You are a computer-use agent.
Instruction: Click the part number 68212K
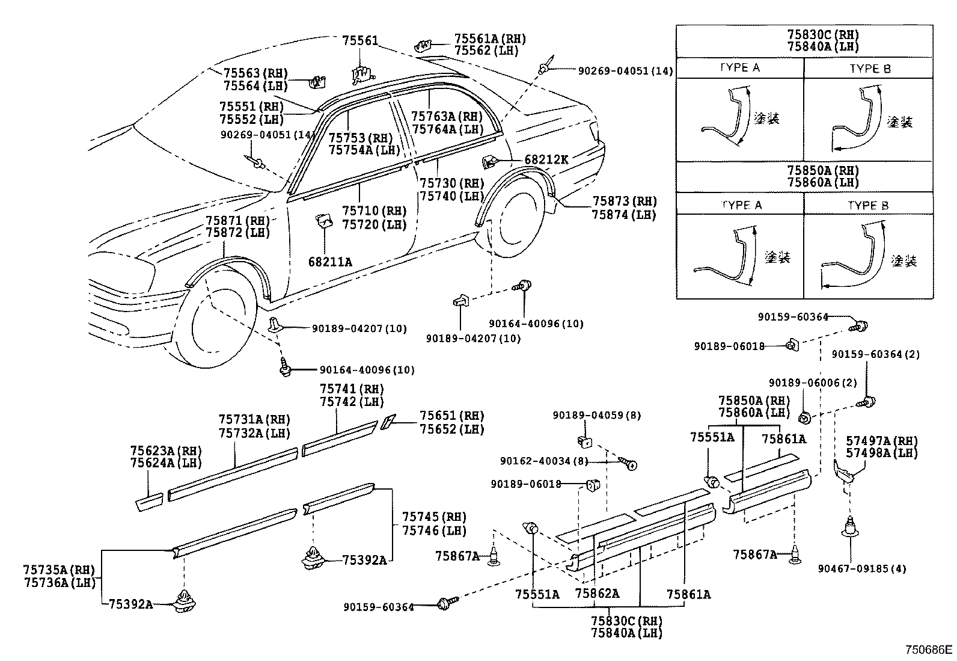(546, 159)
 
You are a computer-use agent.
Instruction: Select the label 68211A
(330, 262)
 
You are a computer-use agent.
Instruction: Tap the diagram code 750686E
(929, 650)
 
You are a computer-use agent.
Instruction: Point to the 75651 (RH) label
(451, 416)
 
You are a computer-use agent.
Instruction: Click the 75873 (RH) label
(624, 201)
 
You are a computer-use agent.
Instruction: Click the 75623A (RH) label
(166, 450)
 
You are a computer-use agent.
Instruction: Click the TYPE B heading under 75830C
(870, 69)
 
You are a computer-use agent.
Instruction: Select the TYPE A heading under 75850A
(741, 205)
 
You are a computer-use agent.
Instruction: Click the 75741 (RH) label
(351, 389)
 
